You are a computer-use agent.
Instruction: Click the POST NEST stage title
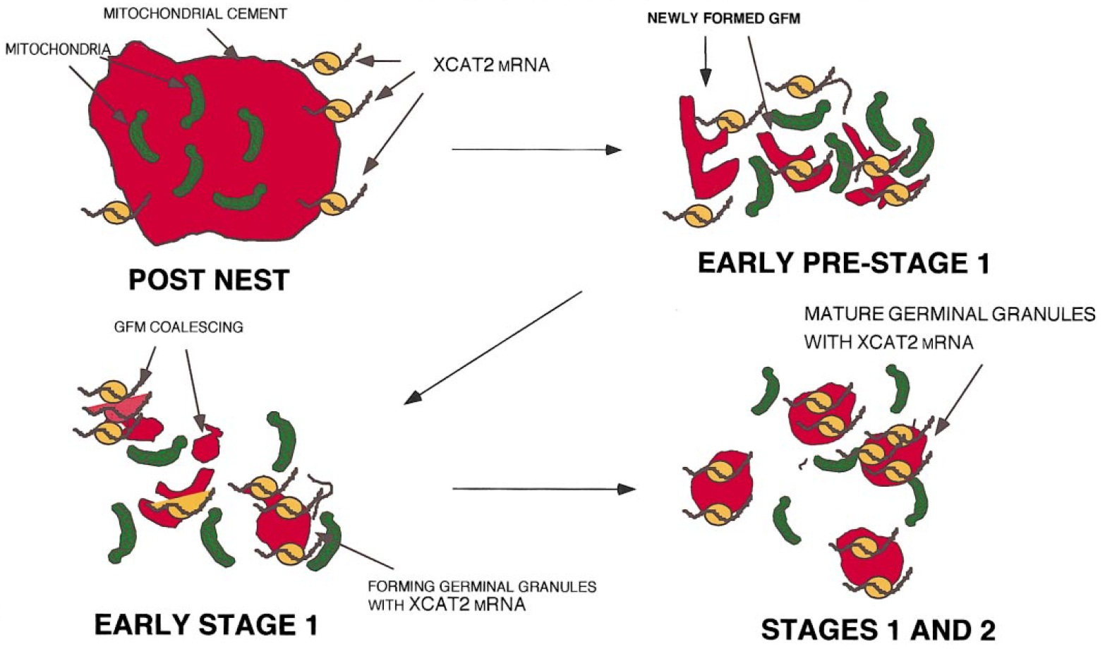coord(209,280)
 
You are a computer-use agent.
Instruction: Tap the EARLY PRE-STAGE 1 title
coord(843,263)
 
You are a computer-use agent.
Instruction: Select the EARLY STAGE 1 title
coord(206,625)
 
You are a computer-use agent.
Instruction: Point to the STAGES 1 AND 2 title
coord(878,630)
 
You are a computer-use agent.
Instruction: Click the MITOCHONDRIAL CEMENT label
coord(195,13)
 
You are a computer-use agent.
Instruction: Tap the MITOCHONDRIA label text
coord(58,49)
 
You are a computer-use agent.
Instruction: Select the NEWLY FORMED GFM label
coord(724,19)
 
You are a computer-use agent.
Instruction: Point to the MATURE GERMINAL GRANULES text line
coord(950,313)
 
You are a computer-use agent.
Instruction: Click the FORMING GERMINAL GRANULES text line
coord(482,586)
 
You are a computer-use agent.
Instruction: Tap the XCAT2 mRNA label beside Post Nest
coord(491,66)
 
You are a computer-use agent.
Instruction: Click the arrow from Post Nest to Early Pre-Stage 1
coord(536,150)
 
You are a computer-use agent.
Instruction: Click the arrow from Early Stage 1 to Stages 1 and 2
coord(543,488)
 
